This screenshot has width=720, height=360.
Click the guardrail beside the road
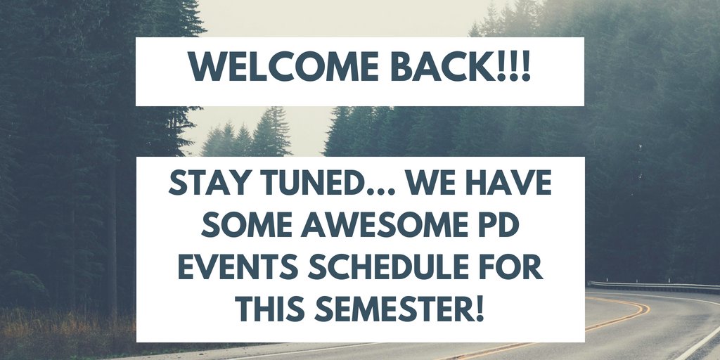(654, 285)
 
